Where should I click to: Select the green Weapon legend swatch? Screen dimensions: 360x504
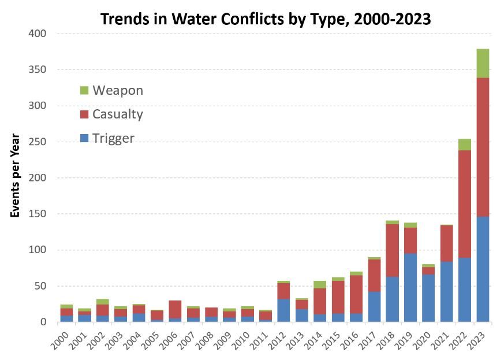coord(84,90)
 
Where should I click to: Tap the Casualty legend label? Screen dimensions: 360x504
coord(117,114)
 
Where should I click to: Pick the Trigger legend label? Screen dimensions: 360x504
coord(113,138)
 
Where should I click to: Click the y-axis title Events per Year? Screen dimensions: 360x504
coord(16,176)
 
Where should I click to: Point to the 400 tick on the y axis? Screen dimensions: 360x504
coord(38,34)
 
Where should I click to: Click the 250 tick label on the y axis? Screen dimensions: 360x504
coord(38,142)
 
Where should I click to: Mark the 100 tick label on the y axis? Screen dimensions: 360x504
coord(38,250)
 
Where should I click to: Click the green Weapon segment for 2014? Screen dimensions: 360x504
coord(320,284)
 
